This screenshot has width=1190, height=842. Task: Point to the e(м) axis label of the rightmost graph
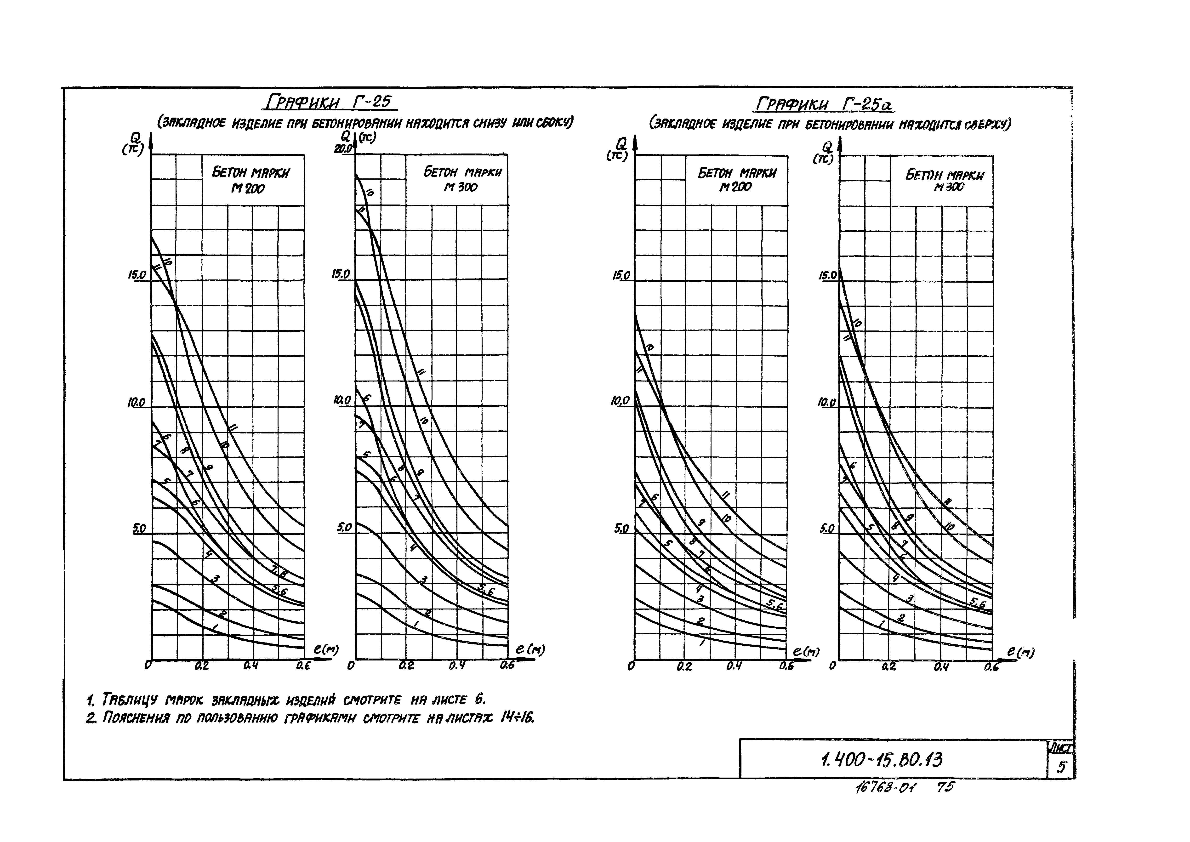click(x=1020, y=652)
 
